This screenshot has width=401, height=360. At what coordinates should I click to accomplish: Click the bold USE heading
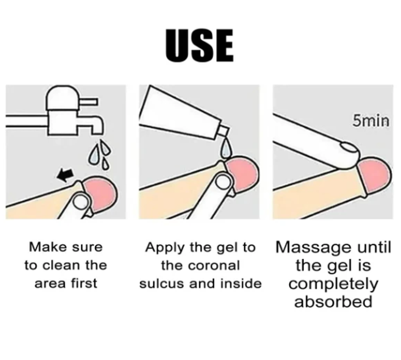199,46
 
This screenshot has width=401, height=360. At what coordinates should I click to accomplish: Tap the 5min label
371,121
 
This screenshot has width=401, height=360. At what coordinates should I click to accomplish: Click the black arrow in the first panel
66,175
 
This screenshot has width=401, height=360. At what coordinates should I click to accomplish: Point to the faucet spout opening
97,132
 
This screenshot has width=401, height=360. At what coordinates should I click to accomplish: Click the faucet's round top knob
62,98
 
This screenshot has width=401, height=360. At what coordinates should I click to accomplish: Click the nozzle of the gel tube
222,132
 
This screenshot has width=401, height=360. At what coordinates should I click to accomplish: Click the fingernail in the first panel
81,202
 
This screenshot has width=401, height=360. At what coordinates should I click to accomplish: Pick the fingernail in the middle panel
223,181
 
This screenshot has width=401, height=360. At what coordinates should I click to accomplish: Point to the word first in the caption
84,283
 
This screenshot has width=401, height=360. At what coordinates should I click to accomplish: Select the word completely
333,284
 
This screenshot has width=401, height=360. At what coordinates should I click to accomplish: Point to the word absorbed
333,301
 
